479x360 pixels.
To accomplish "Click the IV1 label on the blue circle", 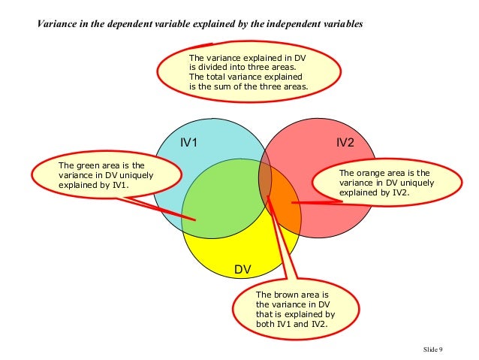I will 188,142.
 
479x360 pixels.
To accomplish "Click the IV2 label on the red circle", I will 345,142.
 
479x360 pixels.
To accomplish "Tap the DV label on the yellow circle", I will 243,269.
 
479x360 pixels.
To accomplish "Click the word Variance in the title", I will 59,24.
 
